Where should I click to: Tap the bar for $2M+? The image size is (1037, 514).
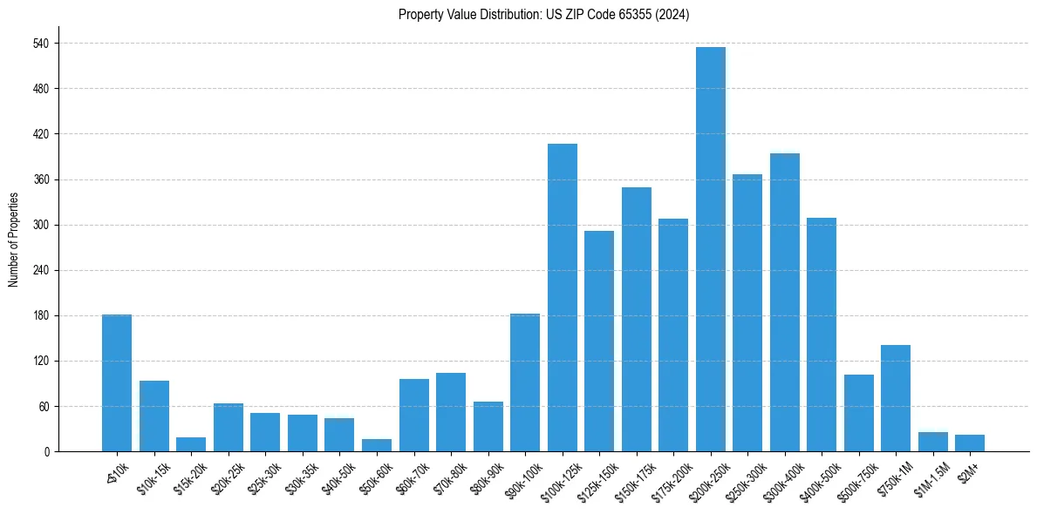tap(969, 443)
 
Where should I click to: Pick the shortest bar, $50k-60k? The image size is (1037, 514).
tap(376, 445)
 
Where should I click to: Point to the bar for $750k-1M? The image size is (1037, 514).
tap(895, 398)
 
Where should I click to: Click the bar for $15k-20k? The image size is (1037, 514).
tap(191, 444)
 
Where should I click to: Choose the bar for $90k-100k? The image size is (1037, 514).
tap(524, 382)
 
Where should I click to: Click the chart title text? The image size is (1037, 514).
tap(543, 15)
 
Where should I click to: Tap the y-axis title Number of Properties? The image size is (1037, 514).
tap(14, 240)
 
